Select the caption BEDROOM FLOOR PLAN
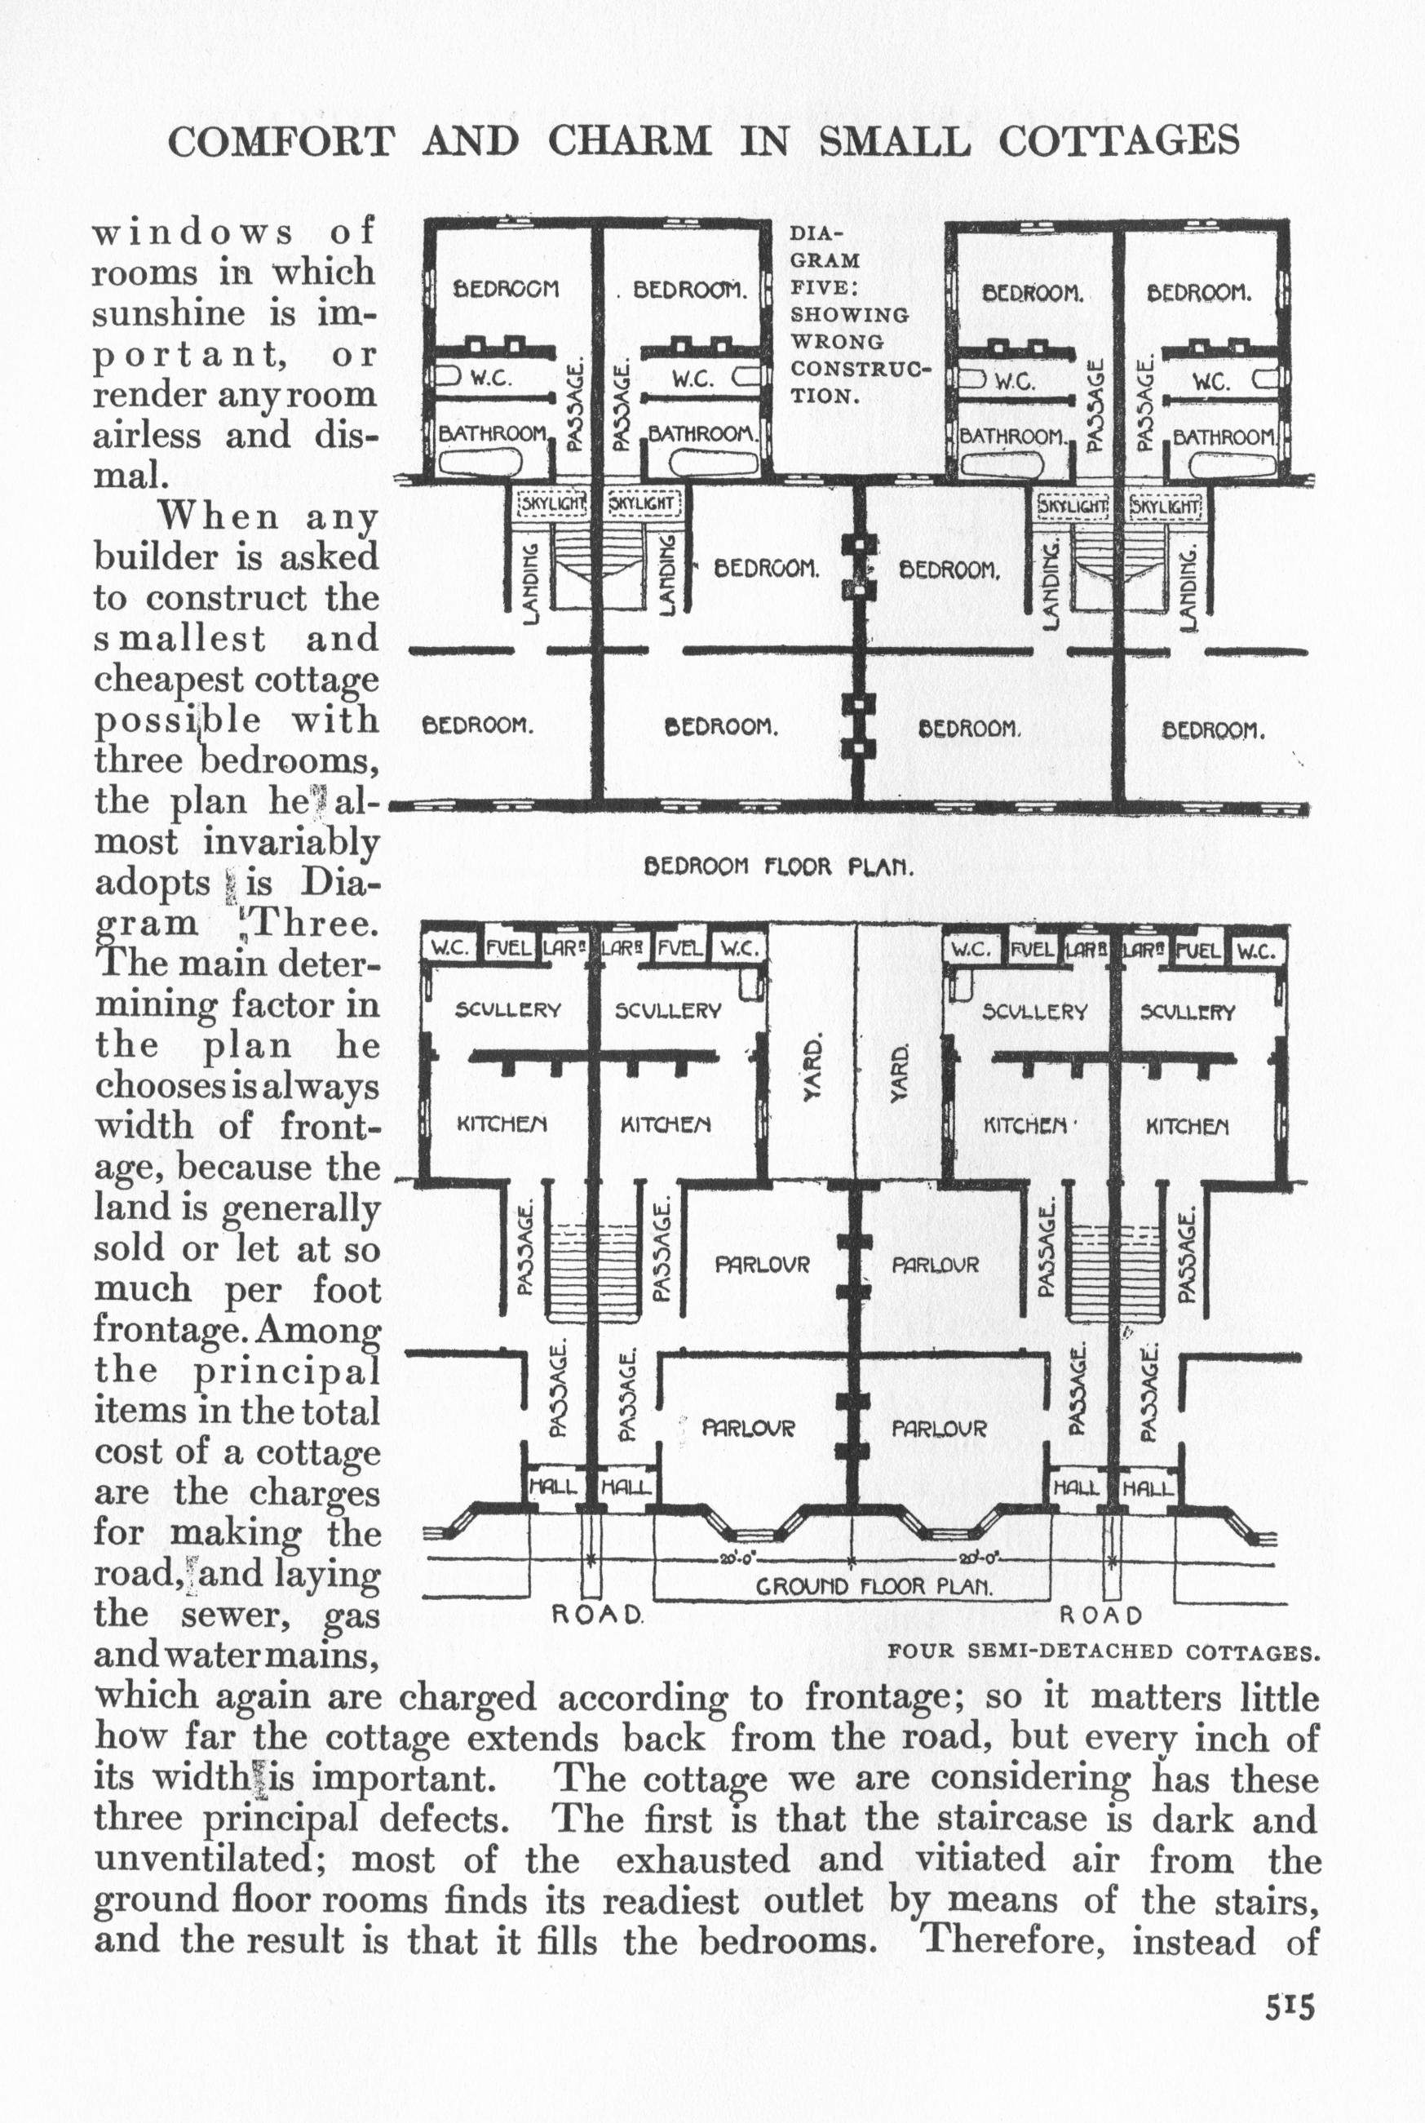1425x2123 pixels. click(778, 866)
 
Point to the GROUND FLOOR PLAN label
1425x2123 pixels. click(874, 1587)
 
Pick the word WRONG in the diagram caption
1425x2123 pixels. click(825, 343)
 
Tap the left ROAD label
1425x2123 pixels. click(599, 1615)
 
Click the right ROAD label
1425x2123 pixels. click(1100, 1615)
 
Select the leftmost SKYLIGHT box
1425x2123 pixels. click(552, 503)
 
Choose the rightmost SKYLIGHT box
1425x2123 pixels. click(1166, 505)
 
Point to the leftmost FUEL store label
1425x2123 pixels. click(508, 947)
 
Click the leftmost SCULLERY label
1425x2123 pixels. click(507, 1011)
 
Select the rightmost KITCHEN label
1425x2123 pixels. click(1187, 1126)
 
